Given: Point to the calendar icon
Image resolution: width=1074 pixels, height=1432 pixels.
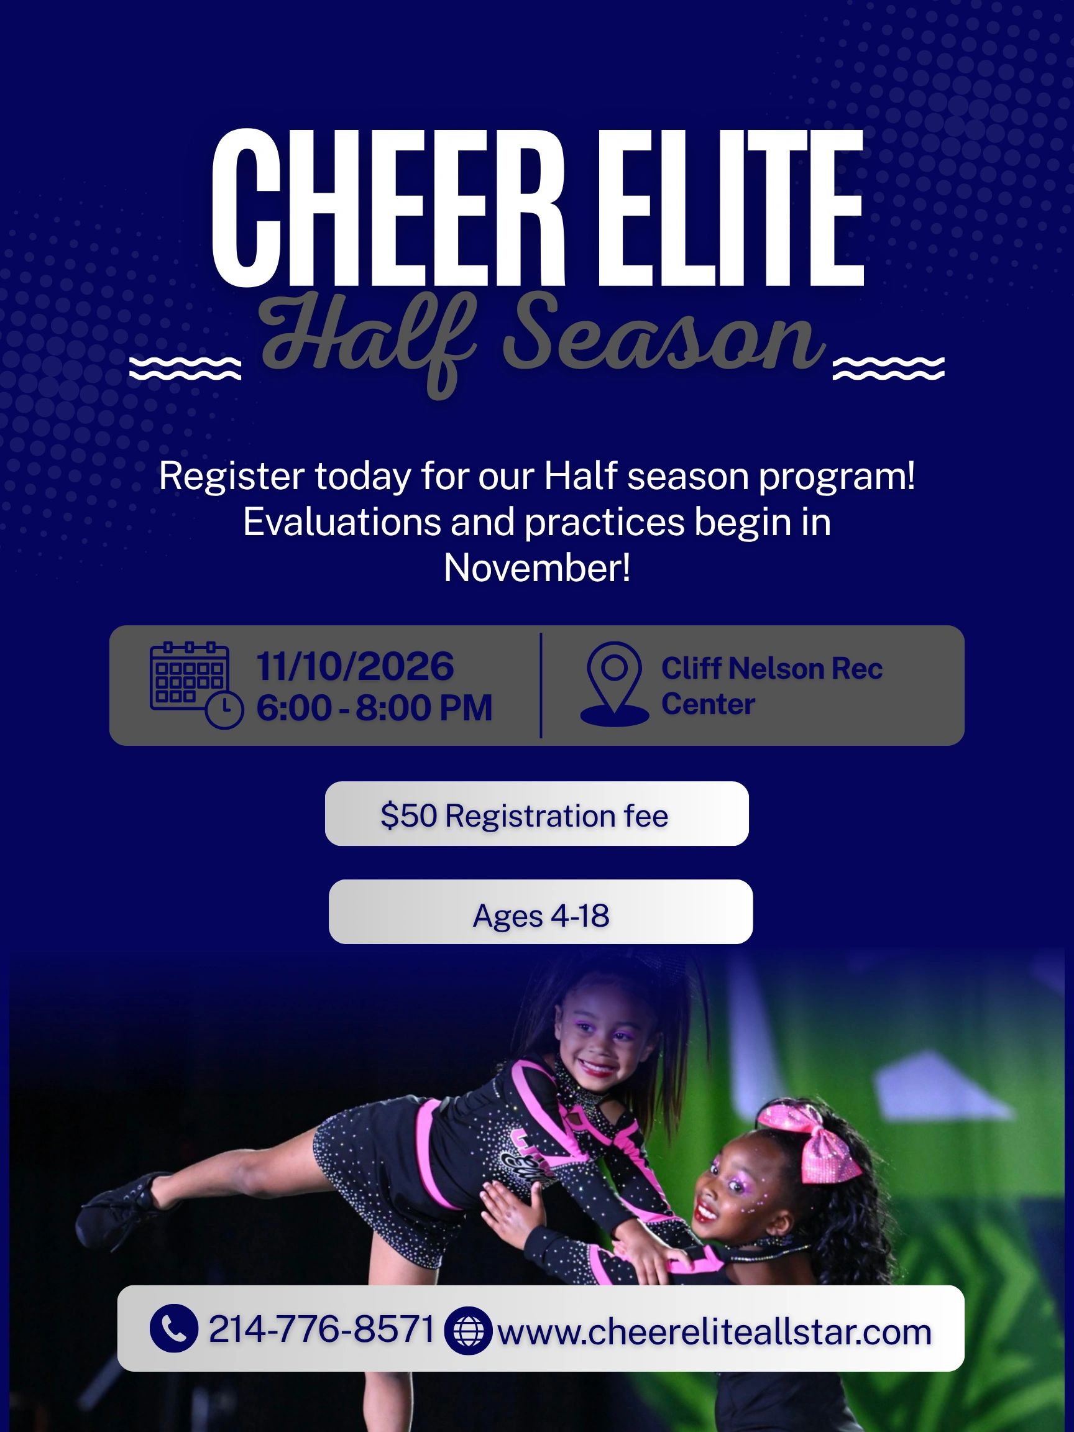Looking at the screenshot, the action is [196, 686].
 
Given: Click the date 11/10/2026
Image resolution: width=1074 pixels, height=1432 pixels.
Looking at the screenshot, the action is [356, 666].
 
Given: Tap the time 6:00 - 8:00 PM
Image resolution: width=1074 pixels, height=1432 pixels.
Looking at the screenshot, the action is [374, 707].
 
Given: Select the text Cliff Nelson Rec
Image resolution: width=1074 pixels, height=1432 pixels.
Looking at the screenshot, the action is [772, 669].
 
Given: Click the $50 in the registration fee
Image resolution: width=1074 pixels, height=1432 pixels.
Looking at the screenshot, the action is [408, 815].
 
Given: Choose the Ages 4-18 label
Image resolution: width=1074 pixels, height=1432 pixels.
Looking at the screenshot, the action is [541, 916].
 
